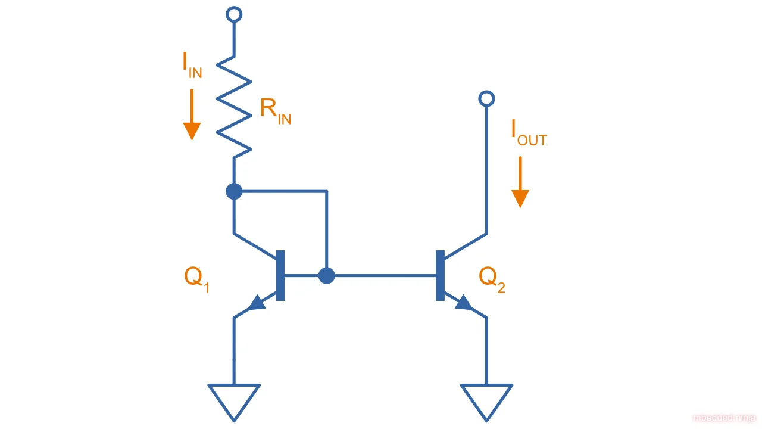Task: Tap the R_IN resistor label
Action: pyautogui.click(x=275, y=111)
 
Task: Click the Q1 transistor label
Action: pyautogui.click(x=196, y=278)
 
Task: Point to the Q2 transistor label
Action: pyautogui.click(x=492, y=278)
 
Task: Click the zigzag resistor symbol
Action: pyautogui.click(x=234, y=107)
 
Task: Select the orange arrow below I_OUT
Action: pyautogui.click(x=520, y=182)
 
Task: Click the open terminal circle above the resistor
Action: pyautogui.click(x=235, y=14)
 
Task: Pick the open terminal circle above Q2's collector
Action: pyautogui.click(x=486, y=99)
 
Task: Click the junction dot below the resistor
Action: pyautogui.click(x=234, y=191)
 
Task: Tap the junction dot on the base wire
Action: pyautogui.click(x=326, y=275)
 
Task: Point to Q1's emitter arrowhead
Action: pyautogui.click(x=257, y=303)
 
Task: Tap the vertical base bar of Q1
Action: pyautogui.click(x=280, y=275)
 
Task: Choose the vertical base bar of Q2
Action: pyautogui.click(x=440, y=275)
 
